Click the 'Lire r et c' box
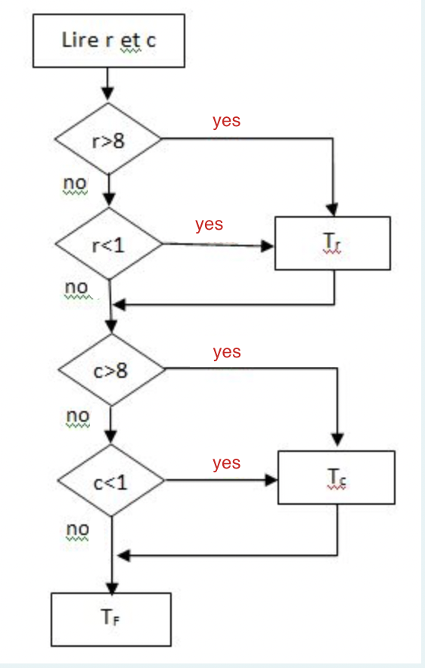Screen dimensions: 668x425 [109, 40]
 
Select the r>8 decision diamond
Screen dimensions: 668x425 [109, 141]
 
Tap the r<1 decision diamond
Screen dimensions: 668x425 [109, 246]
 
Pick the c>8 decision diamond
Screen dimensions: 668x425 [110, 370]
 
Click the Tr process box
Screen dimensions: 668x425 [333, 243]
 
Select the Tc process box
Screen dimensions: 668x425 [337, 478]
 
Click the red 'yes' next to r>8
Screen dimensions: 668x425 [226, 120]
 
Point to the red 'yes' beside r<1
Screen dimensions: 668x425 [209, 224]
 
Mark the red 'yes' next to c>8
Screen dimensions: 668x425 [226, 352]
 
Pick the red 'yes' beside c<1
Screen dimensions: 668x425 [226, 463]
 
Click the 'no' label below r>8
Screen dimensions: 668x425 [76, 183]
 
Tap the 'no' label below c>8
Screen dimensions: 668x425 [78, 416]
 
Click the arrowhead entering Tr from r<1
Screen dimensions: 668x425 [268, 246]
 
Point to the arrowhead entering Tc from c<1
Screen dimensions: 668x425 [271, 480]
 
